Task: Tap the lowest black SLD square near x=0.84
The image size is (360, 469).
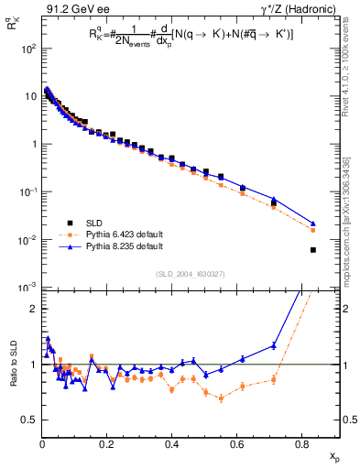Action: point(313,249)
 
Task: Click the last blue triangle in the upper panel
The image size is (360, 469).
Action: point(313,224)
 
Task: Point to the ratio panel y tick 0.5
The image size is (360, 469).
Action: point(30,420)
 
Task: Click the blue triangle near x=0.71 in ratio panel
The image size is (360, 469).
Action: point(274,345)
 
